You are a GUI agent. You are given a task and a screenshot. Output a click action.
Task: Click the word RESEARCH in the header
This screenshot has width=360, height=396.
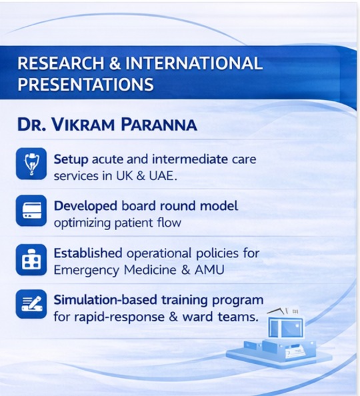61,63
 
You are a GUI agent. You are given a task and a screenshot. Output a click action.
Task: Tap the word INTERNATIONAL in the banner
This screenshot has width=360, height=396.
194,63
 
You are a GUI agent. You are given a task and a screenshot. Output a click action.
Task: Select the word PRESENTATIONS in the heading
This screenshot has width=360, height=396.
85,84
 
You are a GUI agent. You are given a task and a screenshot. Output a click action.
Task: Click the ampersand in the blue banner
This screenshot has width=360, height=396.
115,63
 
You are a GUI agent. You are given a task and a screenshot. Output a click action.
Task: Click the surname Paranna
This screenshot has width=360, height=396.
159,124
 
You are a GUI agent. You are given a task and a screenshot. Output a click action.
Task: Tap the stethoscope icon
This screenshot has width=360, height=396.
31,163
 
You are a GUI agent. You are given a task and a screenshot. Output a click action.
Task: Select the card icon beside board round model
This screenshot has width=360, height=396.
31,211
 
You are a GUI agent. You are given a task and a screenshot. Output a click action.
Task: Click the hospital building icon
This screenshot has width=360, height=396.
31,259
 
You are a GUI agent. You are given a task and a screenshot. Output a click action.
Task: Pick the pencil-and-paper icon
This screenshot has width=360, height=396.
31,304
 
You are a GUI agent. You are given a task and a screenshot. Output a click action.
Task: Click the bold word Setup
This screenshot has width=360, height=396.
71,160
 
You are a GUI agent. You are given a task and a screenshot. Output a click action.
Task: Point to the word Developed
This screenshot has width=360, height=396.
85,207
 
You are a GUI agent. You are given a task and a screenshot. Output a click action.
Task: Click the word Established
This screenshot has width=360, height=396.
88,253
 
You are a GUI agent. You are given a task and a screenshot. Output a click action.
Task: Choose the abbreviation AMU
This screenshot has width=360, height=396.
209,270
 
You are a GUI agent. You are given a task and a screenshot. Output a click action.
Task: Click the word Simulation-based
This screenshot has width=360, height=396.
105,300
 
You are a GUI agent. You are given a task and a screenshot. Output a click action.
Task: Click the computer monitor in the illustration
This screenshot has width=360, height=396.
285,328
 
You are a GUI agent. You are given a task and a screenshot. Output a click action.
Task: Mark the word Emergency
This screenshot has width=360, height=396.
87,271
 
